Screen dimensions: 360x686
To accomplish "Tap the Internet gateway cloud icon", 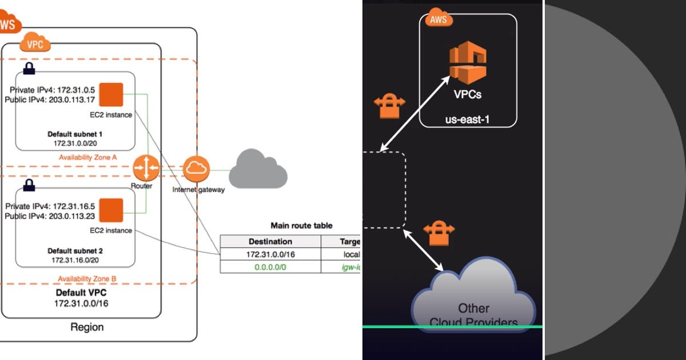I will (196, 169).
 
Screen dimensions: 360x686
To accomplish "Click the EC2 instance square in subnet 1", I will (111, 94).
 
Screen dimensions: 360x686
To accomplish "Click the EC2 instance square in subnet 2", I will (111, 210).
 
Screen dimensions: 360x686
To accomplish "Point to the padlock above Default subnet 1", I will (28, 69).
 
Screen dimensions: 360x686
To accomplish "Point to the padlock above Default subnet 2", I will (28, 185).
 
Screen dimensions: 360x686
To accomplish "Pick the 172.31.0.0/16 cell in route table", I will (270, 254).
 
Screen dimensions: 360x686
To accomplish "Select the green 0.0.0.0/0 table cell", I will (270, 266).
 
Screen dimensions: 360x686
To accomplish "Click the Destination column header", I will (270, 241).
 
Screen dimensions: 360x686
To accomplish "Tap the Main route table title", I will (301, 226).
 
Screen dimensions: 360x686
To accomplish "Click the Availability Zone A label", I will (88, 157).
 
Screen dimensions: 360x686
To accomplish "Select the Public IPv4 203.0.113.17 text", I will (49, 100).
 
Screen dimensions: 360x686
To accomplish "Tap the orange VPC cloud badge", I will (36, 43).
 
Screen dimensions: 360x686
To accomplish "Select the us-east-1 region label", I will (468, 120).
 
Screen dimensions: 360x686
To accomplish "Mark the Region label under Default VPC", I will (87, 327).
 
